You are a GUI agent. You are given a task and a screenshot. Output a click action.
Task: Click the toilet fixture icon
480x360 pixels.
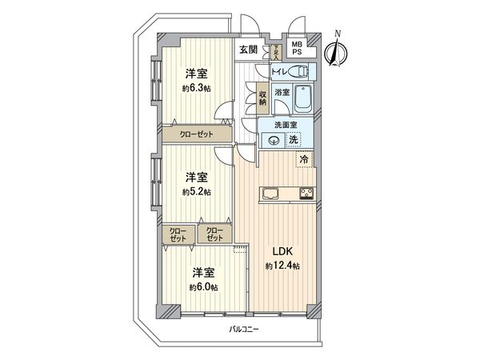click(x=302, y=72)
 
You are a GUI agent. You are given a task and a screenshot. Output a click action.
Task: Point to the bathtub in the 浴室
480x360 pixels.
click(x=303, y=100)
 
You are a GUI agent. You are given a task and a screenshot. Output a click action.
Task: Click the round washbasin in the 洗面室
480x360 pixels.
click(x=274, y=141)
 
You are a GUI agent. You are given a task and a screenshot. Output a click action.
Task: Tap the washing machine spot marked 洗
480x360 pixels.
click(x=294, y=141)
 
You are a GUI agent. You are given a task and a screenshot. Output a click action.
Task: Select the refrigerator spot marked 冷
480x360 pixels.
click(x=304, y=160)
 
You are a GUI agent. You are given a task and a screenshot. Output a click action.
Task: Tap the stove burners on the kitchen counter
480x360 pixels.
click(x=306, y=192)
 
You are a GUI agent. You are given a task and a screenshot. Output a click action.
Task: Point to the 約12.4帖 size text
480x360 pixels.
click(x=282, y=266)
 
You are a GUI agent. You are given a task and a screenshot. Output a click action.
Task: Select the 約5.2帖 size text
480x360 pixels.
click(x=197, y=192)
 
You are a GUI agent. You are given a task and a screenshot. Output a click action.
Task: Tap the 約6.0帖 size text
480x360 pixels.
click(x=204, y=287)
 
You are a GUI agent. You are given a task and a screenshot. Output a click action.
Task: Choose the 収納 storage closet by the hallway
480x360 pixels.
click(x=263, y=97)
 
